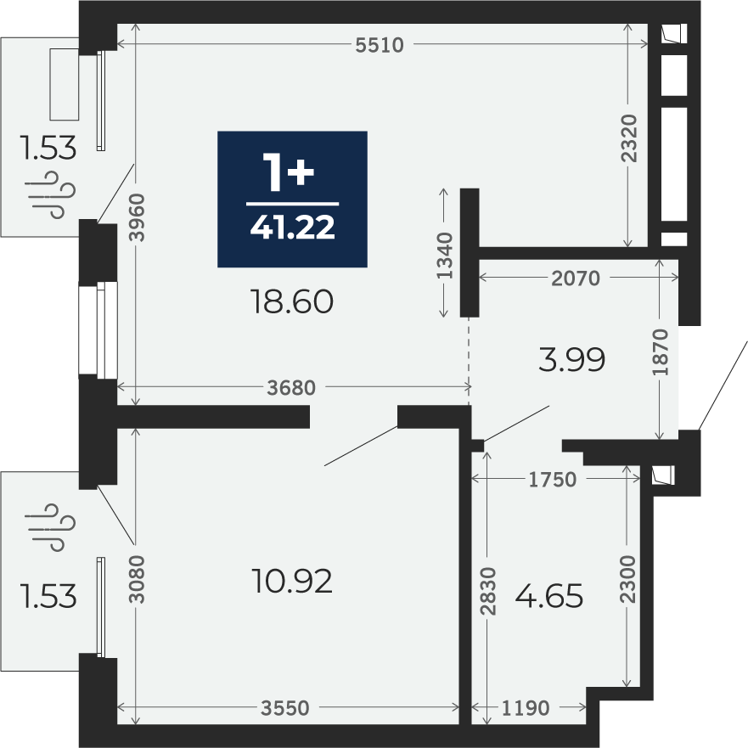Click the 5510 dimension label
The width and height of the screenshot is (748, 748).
click(x=380, y=45)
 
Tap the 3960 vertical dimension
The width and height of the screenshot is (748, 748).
click(x=138, y=217)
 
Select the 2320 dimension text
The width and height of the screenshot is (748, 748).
click(x=629, y=138)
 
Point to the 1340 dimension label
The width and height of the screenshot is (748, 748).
click(x=445, y=256)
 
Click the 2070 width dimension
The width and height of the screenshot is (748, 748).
click(x=576, y=278)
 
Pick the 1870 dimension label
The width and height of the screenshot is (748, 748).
click(x=661, y=352)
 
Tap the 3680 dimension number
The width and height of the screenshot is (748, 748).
click(x=291, y=388)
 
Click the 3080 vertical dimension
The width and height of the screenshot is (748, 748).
click(x=138, y=579)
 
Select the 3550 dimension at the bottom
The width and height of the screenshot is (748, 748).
click(x=285, y=708)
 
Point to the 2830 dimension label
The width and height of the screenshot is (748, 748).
click(x=488, y=591)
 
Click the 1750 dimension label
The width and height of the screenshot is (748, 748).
click(x=553, y=480)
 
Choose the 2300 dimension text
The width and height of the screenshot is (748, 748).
click(x=629, y=579)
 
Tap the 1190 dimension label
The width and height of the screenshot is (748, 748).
click(x=526, y=708)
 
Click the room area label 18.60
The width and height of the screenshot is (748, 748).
click(x=292, y=301)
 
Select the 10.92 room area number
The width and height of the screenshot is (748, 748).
click(x=292, y=582)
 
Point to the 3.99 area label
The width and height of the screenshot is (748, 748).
click(x=572, y=359)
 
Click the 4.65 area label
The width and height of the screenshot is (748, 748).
click(x=549, y=596)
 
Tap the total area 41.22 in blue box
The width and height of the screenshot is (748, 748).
click(x=292, y=227)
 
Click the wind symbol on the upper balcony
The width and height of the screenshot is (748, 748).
click(x=53, y=195)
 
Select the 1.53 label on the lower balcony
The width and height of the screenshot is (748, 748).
click(x=48, y=596)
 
